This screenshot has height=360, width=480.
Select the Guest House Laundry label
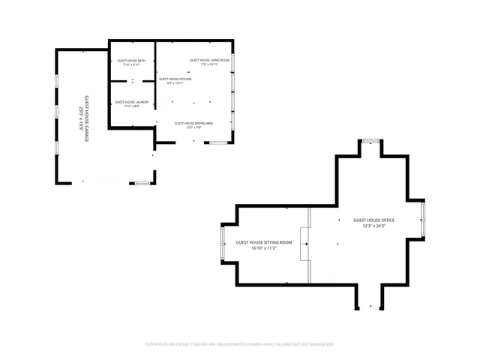click(x=131, y=101)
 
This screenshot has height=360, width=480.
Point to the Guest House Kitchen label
click(x=175, y=79)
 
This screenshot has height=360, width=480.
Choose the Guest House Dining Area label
click(x=194, y=123)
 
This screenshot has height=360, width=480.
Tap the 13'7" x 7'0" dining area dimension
click(x=194, y=127)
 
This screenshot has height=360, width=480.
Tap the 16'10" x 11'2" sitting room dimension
click(x=264, y=248)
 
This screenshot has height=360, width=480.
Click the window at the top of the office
click(x=369, y=141)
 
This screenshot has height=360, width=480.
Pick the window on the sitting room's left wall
click(x=221, y=244)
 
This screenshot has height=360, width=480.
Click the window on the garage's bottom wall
click(x=141, y=182)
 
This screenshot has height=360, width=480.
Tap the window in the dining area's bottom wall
click(x=218, y=142)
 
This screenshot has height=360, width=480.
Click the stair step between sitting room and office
click(x=304, y=244)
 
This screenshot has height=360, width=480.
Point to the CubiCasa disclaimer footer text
click(x=239, y=344)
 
